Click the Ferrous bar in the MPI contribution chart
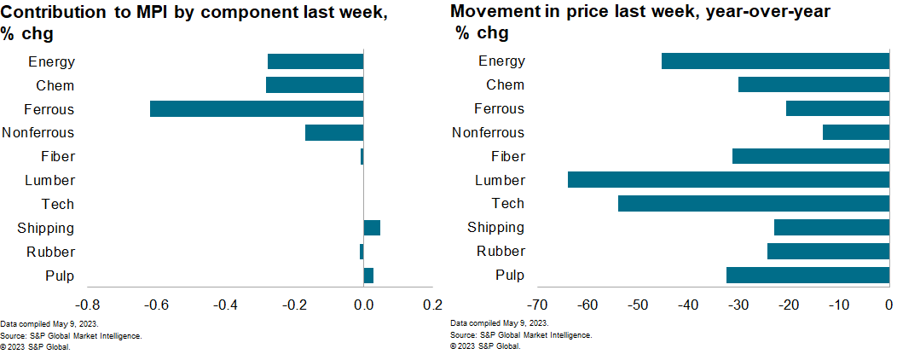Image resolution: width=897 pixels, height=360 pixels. (x=257, y=109)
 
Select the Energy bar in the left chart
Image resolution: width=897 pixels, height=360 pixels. (x=315, y=61)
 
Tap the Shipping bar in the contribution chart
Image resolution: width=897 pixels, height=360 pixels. (x=372, y=228)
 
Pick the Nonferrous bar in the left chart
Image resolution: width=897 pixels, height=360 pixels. (x=334, y=133)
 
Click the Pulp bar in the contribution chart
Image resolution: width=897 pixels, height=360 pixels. (x=368, y=276)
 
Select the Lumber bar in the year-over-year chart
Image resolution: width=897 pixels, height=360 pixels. (x=727, y=180)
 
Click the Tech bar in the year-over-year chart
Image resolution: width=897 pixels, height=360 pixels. (x=753, y=204)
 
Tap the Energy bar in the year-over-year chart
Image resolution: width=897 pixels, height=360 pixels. (x=774, y=61)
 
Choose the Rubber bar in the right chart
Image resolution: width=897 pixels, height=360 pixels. (x=827, y=252)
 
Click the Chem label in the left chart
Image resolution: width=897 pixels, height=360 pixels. (x=55, y=85)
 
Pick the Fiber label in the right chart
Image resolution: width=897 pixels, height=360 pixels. (x=508, y=156)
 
